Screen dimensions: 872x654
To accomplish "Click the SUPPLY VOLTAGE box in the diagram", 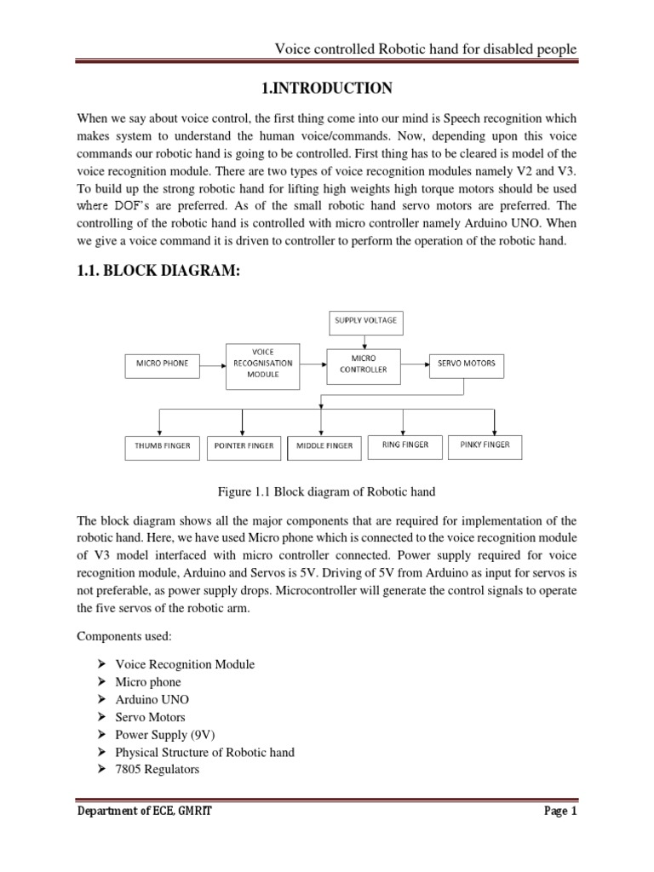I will pyautogui.click(x=364, y=324).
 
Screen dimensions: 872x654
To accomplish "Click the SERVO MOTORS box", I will pyautogui.click(x=466, y=364).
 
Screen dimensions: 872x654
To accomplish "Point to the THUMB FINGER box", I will pyautogui.click(x=162, y=445).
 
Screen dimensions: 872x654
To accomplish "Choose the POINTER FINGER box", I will pyautogui.click(x=244, y=445).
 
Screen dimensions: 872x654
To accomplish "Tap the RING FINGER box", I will pyautogui.click(x=404, y=445).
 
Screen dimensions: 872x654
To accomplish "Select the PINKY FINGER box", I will pyautogui.click(x=485, y=445).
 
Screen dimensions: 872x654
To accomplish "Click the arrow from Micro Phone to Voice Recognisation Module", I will pyautogui.click(x=212, y=364).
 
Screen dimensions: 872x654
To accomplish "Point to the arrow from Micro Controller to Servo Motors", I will pyautogui.click(x=414, y=364).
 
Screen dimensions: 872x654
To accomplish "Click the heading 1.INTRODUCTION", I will pyautogui.click(x=326, y=89).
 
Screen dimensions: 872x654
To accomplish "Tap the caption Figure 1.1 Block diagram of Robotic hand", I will pyautogui.click(x=328, y=491).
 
